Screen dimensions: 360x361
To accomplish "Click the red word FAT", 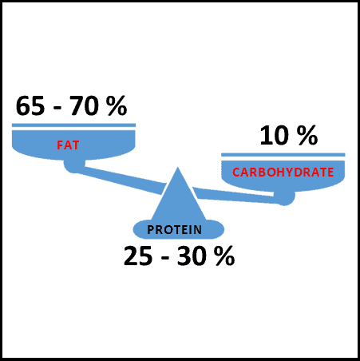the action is pyautogui.click(x=68, y=145).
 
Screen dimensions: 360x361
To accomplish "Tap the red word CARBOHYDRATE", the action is pyautogui.click(x=283, y=173).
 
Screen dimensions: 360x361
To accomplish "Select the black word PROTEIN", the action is pyautogui.click(x=175, y=230).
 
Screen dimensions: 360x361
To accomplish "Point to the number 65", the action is pyautogui.click(x=30, y=106).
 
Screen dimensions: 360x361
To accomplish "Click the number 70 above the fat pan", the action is pyautogui.click(x=84, y=106).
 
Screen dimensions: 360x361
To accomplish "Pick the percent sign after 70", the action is pyautogui.click(x=117, y=106).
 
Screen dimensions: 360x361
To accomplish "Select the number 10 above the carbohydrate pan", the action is pyautogui.click(x=275, y=136).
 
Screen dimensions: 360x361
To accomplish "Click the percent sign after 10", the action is pyautogui.click(x=307, y=136).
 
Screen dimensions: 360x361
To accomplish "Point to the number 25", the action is pyautogui.click(x=138, y=256).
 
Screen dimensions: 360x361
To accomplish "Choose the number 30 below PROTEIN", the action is pyautogui.click(x=192, y=256).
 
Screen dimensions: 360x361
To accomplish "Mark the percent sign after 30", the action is pyautogui.click(x=225, y=256).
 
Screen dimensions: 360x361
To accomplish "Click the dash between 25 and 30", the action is pyautogui.click(x=165, y=259).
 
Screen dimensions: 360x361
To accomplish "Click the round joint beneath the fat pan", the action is pyautogui.click(x=74, y=165).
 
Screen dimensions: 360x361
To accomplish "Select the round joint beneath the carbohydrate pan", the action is pyautogui.click(x=284, y=198).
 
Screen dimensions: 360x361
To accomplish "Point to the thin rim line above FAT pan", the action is pyautogui.click(x=73, y=125).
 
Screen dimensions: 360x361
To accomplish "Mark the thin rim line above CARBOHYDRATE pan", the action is pyautogui.click(x=283, y=155).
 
